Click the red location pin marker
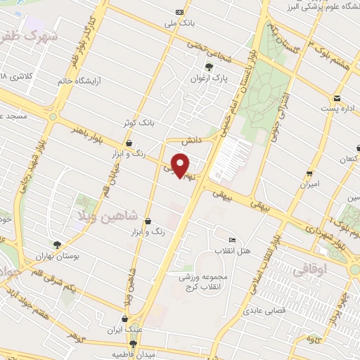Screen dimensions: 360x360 click(x=181, y=166)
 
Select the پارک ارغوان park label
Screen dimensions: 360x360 click(x=209, y=78)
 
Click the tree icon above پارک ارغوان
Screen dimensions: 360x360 click(x=209, y=67)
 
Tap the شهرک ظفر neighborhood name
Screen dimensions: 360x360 click(x=29, y=34)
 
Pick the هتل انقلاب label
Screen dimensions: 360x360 click(x=234, y=251)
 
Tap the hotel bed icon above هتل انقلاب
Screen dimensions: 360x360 click(x=233, y=239)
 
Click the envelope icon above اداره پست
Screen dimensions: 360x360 click(x=337, y=98)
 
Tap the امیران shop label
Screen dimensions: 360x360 click(x=310, y=184)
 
